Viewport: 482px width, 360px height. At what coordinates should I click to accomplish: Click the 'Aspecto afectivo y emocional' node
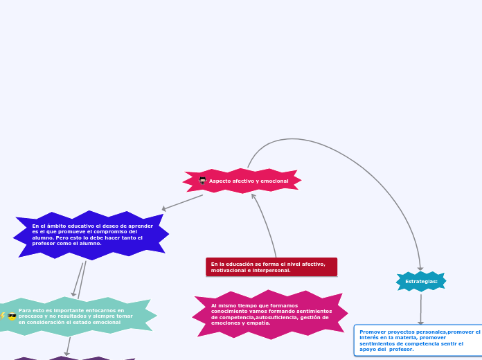(x=242, y=181)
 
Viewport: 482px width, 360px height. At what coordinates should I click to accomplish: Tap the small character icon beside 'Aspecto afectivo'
(x=202, y=181)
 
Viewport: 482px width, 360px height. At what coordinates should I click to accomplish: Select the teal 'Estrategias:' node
(x=421, y=281)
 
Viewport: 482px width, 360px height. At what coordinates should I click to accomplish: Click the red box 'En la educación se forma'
(x=271, y=267)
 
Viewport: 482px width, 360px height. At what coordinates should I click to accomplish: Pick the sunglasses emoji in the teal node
(x=12, y=316)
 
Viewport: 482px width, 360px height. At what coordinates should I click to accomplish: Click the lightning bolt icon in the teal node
(x=3, y=316)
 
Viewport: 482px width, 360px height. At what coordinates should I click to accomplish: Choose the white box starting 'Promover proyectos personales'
(x=418, y=341)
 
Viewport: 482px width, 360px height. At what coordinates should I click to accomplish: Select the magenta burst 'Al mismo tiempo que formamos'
(x=270, y=314)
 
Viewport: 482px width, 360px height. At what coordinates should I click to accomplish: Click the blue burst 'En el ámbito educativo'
(x=91, y=235)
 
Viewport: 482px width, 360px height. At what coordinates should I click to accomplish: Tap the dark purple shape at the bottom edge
(x=69, y=358)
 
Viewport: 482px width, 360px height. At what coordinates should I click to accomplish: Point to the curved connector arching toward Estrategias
(x=332, y=152)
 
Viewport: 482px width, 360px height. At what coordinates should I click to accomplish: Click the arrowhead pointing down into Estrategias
(x=420, y=269)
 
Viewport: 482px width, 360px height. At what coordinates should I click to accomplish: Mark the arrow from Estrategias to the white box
(x=420, y=309)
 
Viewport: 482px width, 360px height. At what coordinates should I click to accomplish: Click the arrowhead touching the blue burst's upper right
(x=164, y=208)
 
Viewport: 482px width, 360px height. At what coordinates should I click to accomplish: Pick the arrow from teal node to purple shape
(x=68, y=346)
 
